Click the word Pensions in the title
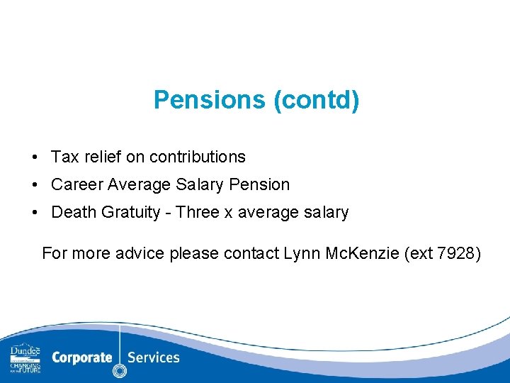210,100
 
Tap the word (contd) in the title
316,100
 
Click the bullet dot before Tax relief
34,157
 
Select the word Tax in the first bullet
64,157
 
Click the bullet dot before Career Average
34,184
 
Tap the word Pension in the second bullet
259,184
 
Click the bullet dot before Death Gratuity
34,212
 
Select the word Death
73,212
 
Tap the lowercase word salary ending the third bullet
325,212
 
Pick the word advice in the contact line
142,252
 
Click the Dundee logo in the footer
25,358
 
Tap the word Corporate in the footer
81,357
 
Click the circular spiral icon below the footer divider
120,370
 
